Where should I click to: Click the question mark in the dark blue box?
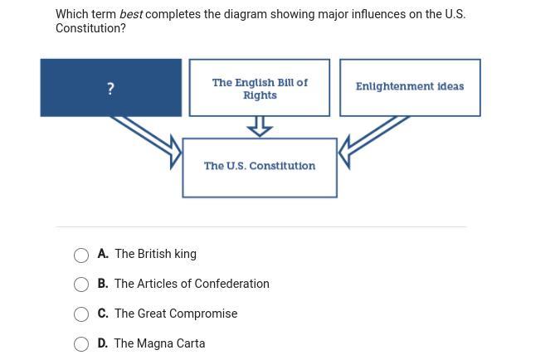[110, 88]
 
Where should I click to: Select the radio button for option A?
[81, 255]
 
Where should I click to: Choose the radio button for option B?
[81, 285]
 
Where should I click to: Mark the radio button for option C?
[81, 314]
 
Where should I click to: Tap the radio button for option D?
[81, 344]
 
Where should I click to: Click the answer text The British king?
[156, 254]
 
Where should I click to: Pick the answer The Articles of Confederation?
[192, 284]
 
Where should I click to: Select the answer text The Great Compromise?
[176, 314]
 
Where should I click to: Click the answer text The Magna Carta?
[159, 343]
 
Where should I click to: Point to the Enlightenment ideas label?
[410, 86]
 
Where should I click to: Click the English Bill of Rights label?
[260, 89]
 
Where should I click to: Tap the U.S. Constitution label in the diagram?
[260, 166]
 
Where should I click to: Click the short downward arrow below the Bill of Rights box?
[260, 126]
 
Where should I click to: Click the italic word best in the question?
[131, 14]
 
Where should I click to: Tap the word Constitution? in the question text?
[90, 28]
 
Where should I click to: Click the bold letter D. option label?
[103, 343]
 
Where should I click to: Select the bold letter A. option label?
[103, 254]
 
